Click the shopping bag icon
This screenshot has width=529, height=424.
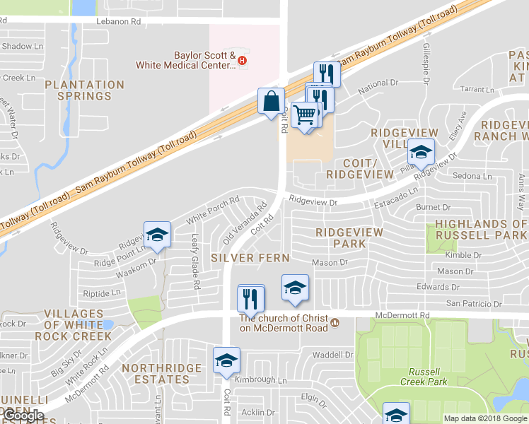click(x=272, y=102)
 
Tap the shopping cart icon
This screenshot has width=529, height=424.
click(x=305, y=114)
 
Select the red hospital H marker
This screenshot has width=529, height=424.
click(x=243, y=61)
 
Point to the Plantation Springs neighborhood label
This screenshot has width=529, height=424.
click(x=84, y=90)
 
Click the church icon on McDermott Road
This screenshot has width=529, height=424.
click(x=335, y=323)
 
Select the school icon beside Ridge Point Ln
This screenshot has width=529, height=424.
click(x=157, y=235)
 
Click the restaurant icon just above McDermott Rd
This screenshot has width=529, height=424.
click(x=251, y=298)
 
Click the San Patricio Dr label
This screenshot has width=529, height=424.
click(x=473, y=304)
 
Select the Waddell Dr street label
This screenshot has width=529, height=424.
click(x=332, y=355)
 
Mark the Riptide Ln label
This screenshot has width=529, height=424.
click(x=102, y=293)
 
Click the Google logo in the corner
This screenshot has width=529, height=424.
click(x=23, y=416)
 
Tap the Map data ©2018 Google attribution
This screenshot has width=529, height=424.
click(x=485, y=418)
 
